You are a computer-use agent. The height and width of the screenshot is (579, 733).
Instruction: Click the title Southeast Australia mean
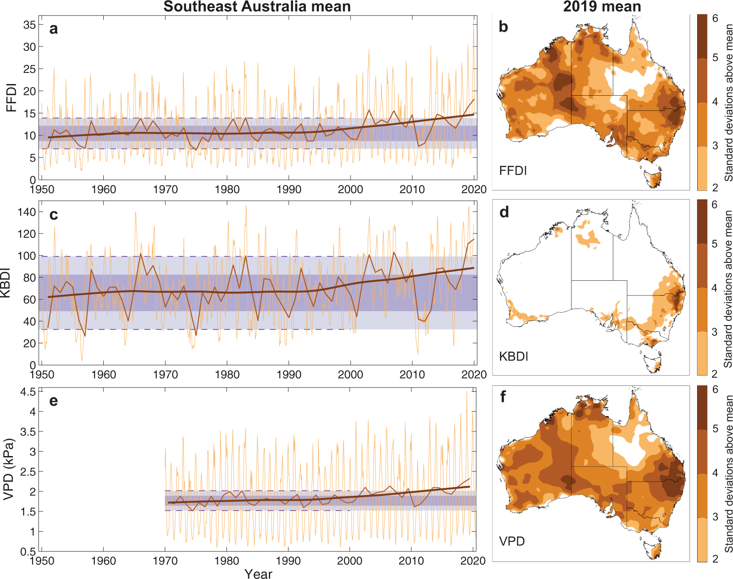coord(257,7)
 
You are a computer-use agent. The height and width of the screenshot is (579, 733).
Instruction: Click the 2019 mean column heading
coord(602,7)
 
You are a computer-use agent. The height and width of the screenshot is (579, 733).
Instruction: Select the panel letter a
coord(54,29)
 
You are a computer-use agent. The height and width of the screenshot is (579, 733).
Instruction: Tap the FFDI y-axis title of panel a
coord(11,97)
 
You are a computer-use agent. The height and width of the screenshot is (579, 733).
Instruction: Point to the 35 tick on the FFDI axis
coord(30,25)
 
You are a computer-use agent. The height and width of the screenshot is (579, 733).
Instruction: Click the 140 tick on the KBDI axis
coord(26,211)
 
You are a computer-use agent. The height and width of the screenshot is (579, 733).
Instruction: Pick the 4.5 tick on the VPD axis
coord(28,392)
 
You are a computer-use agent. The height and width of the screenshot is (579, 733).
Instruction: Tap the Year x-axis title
coord(258,574)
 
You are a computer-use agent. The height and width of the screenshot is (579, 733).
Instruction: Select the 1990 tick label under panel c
coord(289,375)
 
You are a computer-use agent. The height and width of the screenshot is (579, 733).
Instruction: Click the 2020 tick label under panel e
coord(473,561)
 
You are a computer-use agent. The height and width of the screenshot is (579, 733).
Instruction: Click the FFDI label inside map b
coord(513,171)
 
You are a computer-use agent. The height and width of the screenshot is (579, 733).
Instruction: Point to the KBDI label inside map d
coord(514,356)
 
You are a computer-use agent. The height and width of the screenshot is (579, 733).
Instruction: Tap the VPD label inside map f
coord(512,541)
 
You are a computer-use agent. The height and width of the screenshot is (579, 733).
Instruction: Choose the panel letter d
coord(504,212)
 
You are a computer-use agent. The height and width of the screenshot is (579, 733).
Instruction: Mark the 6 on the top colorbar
coord(715,18)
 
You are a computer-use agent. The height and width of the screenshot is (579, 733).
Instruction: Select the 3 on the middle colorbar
coord(715,332)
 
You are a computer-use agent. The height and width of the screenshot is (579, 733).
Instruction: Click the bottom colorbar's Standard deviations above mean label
coord(729,474)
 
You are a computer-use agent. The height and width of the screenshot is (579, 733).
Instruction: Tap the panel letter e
coord(54,401)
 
